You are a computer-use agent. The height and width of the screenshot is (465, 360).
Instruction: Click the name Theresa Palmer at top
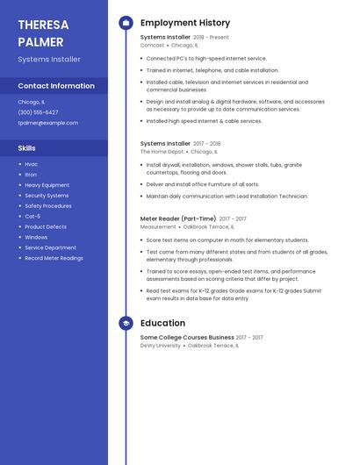[43, 32]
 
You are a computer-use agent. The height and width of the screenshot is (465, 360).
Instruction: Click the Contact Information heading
[56, 86]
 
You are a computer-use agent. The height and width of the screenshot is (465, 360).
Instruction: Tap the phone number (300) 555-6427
[38, 112]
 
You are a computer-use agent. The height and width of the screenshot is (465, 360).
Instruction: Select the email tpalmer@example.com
[47, 123]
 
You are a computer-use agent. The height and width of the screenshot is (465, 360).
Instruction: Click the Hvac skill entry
[31, 164]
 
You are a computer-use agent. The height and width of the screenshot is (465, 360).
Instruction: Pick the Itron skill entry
[31, 175]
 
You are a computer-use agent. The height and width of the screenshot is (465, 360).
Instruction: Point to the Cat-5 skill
[32, 216]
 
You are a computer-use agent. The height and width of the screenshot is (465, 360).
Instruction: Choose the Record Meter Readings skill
[54, 258]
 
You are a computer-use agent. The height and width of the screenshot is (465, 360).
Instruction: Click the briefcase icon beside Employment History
[126, 23]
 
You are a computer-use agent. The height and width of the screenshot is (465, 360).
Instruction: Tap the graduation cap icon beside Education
[126, 323]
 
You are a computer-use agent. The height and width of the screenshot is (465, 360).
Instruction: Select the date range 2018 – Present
[211, 38]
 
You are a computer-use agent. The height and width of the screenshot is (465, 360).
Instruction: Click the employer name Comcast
[152, 45]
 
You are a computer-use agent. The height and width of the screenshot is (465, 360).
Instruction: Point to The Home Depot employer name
[162, 151]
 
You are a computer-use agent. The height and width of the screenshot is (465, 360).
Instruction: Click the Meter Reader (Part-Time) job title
[177, 218]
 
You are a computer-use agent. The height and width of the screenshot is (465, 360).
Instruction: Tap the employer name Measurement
[158, 226]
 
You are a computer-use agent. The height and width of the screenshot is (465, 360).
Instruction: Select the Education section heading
[162, 323]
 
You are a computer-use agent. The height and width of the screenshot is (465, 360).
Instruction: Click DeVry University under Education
[160, 345]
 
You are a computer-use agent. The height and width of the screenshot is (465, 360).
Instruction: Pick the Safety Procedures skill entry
[48, 205]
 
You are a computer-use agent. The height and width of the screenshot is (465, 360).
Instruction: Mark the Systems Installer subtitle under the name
[48, 59]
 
